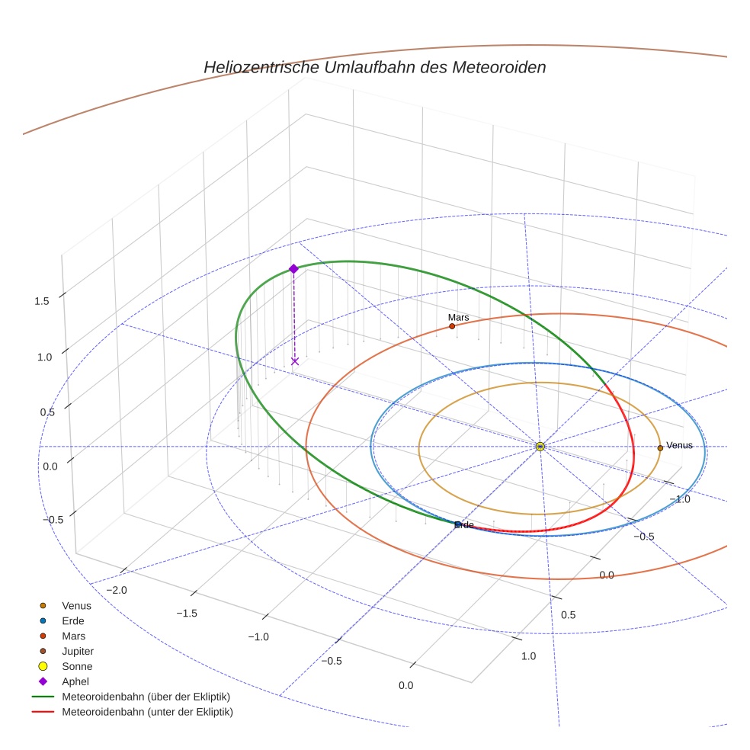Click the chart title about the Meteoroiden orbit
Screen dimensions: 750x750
(374, 67)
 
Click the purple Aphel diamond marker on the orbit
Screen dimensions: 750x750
(293, 268)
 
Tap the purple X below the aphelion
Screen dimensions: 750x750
(295, 361)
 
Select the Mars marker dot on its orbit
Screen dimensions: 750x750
(452, 326)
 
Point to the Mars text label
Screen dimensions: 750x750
(458, 317)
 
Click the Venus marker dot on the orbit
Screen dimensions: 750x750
(660, 448)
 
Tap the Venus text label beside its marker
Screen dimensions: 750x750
(679, 445)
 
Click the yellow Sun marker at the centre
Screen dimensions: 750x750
(540, 447)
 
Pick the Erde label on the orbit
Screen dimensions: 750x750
(464, 525)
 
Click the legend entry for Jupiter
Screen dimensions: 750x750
(78, 651)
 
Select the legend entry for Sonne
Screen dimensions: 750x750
(77, 666)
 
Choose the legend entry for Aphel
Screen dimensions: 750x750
(75, 681)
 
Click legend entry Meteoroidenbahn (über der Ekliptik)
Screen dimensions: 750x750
(146, 697)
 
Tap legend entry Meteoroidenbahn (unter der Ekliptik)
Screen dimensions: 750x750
(147, 712)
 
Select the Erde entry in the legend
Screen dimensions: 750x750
(73, 620)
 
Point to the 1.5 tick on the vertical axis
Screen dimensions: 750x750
(41, 301)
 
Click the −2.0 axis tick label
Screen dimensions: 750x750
(116, 590)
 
